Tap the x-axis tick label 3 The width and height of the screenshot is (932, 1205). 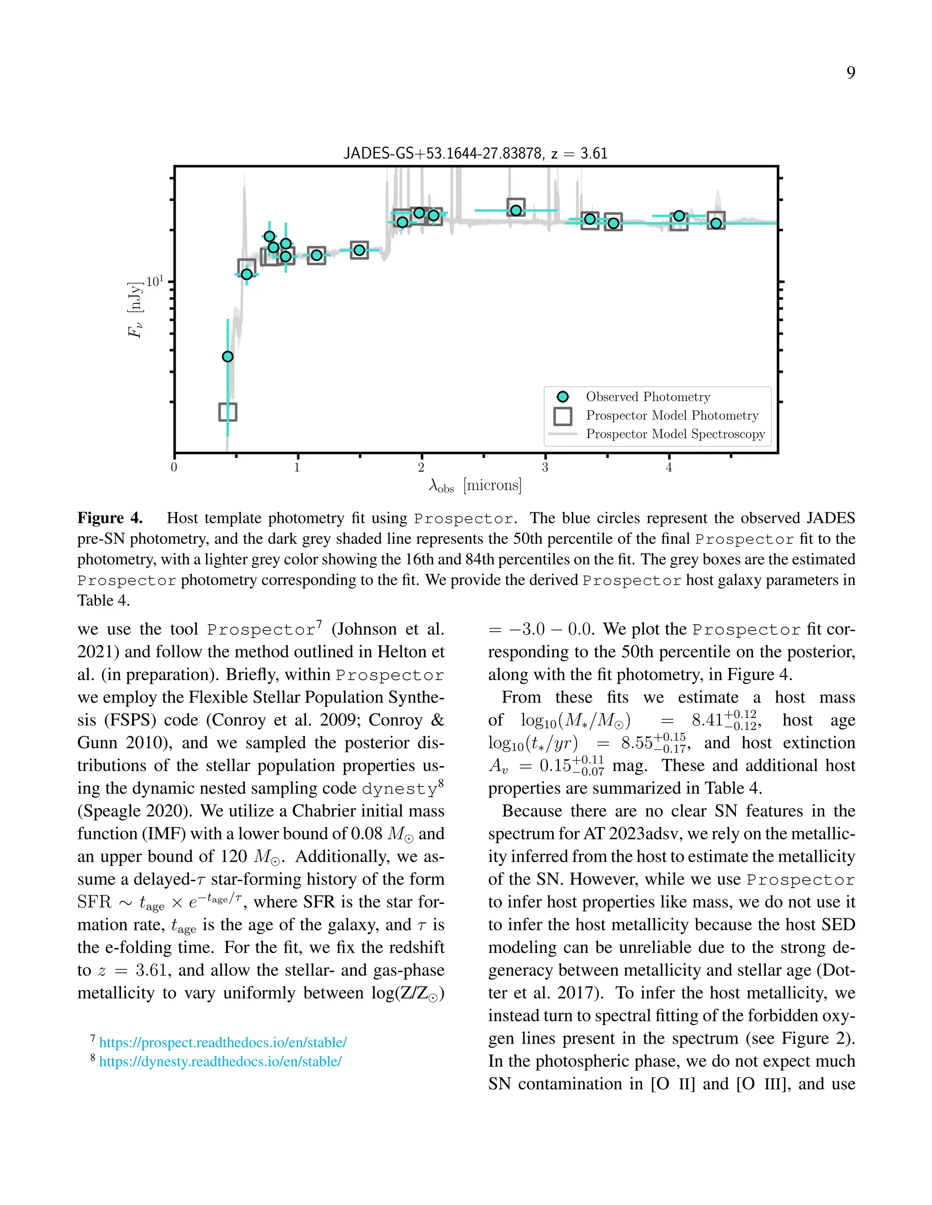point(545,468)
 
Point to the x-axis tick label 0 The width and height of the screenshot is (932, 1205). point(174,468)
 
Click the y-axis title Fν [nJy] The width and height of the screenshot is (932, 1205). point(136,310)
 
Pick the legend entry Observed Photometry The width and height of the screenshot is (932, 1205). point(648,397)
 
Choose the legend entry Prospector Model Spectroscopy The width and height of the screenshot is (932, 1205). point(675,434)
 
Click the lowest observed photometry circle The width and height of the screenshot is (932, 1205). point(228,356)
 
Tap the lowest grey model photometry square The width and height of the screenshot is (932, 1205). point(228,412)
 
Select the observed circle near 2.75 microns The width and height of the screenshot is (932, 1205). point(516,210)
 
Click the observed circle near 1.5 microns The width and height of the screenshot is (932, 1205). point(360,251)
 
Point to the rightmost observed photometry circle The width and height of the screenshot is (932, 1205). point(716,223)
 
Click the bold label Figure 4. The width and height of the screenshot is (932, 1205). point(110,518)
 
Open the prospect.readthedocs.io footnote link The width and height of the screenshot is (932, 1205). point(223,1042)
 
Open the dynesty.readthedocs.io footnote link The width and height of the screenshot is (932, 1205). point(220,1061)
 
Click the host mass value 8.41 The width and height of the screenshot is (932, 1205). point(707,720)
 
